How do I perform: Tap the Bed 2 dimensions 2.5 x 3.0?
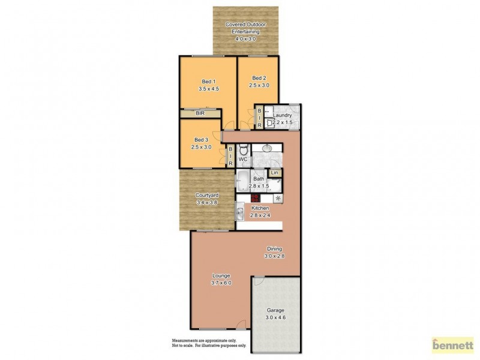click(259, 85)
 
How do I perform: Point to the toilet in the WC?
click(242, 151)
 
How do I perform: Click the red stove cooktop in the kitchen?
click(255, 198)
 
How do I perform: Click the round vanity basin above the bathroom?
click(267, 148)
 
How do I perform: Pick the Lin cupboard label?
click(275, 173)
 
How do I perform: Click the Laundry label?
click(282, 115)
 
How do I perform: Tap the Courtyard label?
click(206, 195)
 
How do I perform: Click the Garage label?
click(275, 310)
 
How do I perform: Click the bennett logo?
click(453, 346)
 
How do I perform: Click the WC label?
click(243, 160)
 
